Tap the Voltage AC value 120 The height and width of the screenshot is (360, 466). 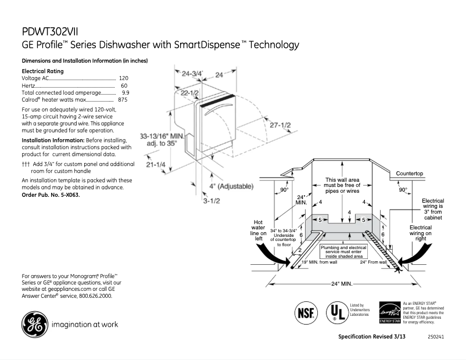click(x=123, y=78)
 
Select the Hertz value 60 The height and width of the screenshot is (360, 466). click(x=124, y=85)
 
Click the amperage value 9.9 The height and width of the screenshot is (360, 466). click(x=125, y=92)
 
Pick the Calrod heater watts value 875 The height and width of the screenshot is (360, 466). click(x=123, y=100)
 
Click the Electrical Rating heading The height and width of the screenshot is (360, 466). click(x=42, y=71)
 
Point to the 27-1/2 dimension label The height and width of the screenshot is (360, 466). click(x=281, y=126)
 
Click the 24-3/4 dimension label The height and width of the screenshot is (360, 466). click(x=192, y=74)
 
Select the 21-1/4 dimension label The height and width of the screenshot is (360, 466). click(x=156, y=165)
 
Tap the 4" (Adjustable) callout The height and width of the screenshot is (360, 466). click(x=231, y=186)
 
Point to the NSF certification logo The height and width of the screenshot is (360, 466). click(x=306, y=311)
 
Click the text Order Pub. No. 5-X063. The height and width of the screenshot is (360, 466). click(x=47, y=195)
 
